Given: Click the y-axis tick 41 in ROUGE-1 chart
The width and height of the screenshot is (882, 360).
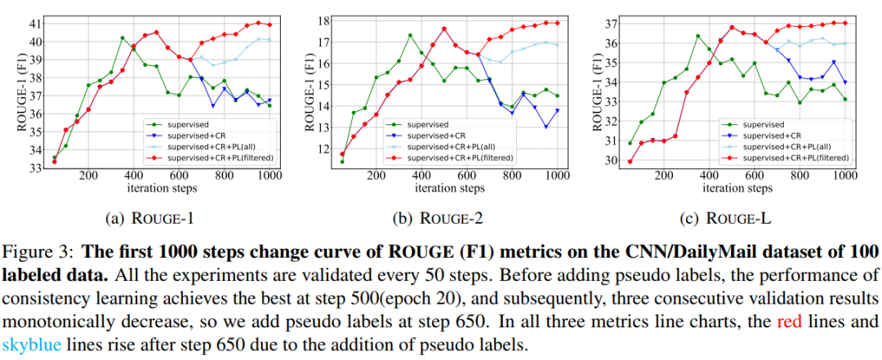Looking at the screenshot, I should coord(37,24).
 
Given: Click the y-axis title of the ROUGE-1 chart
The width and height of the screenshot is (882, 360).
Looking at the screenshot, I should coord(11,92).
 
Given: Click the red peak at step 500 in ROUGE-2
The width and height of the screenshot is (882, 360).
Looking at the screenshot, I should coord(443,29).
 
